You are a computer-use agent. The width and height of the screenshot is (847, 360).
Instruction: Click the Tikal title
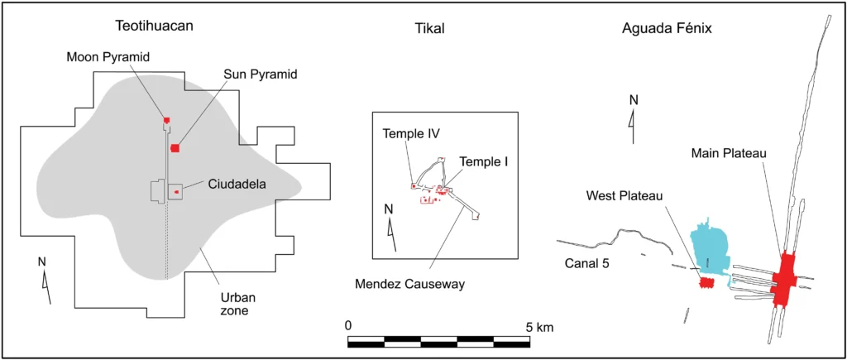(x=429, y=29)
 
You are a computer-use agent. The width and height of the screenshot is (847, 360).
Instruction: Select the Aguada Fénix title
(x=667, y=29)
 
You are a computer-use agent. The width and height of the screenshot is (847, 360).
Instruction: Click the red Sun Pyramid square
(x=175, y=147)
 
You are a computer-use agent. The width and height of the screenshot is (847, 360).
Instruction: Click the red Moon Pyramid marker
(x=166, y=120)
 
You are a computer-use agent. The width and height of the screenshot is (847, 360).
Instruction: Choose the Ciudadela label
(x=233, y=185)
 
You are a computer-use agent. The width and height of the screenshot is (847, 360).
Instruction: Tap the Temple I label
(x=484, y=161)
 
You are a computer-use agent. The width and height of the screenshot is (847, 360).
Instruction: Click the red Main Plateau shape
(x=782, y=280)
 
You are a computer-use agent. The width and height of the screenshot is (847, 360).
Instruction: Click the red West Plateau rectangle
(x=706, y=283)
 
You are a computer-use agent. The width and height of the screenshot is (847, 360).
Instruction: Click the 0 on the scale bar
(x=349, y=325)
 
